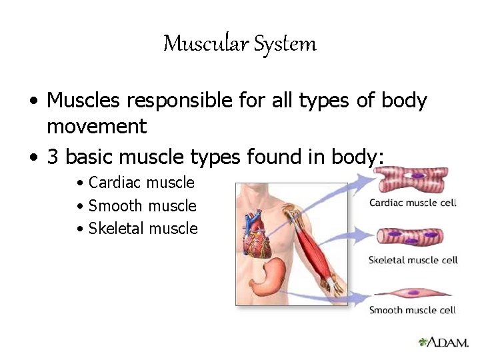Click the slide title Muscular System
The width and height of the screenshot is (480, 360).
pos(240,44)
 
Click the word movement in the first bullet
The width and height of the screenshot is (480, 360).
pos(97,125)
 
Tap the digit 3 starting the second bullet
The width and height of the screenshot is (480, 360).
pos(53,157)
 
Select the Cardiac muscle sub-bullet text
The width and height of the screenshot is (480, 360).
pos(141,183)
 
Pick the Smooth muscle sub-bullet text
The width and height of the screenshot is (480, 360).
pos(142,205)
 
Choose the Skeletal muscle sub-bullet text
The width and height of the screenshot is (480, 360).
pos(143,228)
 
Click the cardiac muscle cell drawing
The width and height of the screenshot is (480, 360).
pos(411,179)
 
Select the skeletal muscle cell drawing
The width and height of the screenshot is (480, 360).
pos(411,237)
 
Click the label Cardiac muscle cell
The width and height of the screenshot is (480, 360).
pos(413,203)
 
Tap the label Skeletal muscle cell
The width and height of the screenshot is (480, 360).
pos(413,260)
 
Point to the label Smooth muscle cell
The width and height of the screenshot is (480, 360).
pos(413,310)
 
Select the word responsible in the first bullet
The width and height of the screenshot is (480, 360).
pos(159,101)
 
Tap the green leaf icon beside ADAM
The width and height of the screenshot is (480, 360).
pos(421,342)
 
